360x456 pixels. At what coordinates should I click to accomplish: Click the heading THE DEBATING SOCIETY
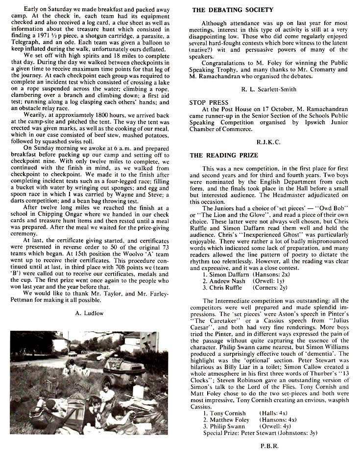(233, 9)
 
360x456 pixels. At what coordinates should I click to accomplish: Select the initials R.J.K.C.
(268, 141)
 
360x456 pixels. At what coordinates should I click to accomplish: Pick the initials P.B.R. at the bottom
(270, 446)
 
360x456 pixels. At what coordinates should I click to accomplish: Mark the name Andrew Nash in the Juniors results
(229, 281)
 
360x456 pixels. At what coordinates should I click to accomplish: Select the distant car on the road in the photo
(72, 353)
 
